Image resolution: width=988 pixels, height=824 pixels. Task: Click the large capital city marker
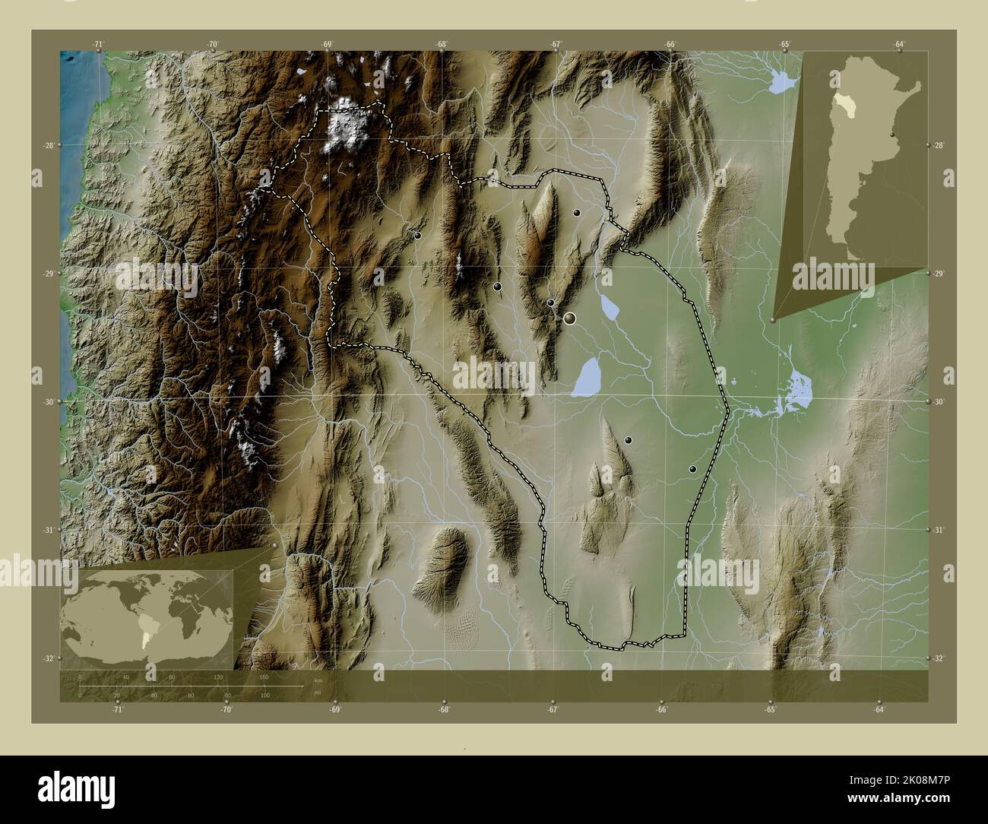click(569, 319)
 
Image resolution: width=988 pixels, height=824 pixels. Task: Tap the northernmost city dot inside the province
click(578, 213)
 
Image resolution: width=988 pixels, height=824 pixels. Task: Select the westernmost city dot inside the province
click(418, 236)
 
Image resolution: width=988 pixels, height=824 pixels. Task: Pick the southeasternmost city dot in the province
click(692, 470)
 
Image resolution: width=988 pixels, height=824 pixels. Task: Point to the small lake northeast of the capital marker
click(610, 307)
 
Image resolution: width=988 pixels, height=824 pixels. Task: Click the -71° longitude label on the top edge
click(98, 45)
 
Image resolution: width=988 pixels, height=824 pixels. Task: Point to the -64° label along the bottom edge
click(879, 710)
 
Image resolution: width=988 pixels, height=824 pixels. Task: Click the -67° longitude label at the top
click(556, 45)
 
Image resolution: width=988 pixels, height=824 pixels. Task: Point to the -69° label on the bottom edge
click(335, 710)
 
